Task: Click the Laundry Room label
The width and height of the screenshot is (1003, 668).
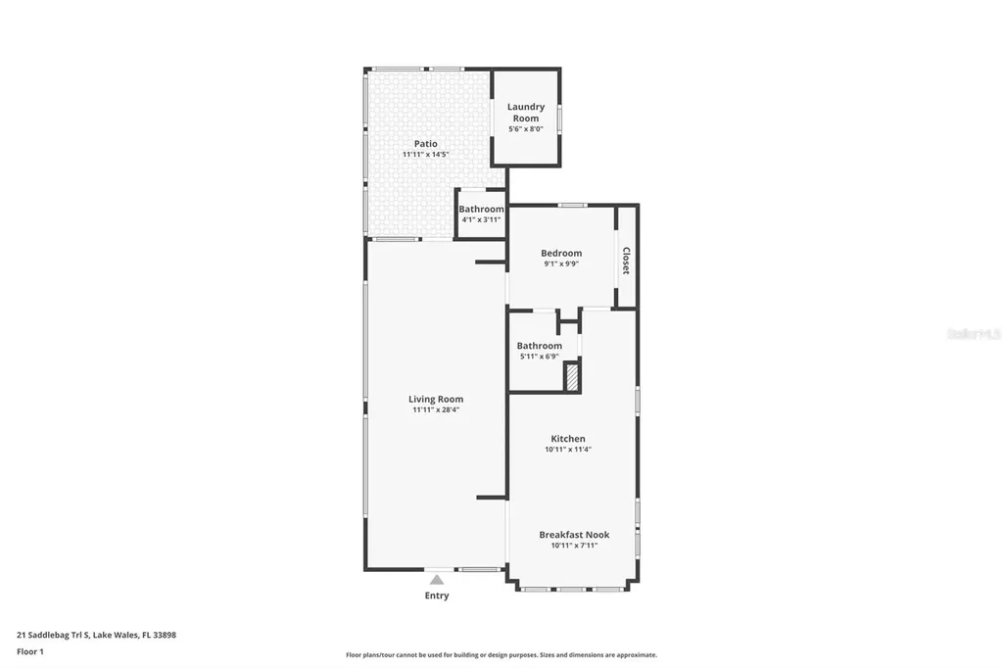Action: (525, 113)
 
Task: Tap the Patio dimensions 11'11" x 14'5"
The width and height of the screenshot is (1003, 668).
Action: (425, 155)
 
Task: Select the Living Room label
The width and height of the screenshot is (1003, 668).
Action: (436, 399)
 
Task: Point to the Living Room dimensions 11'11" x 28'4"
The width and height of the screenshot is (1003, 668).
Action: (436, 410)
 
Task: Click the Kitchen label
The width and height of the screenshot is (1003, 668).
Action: (568, 439)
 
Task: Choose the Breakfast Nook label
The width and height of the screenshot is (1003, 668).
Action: (574, 535)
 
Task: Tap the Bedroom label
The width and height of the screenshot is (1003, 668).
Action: (561, 253)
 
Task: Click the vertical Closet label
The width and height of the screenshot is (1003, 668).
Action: (626, 260)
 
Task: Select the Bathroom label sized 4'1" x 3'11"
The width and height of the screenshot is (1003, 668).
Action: (481, 209)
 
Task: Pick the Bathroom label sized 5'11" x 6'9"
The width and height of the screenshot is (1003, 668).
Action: (540, 346)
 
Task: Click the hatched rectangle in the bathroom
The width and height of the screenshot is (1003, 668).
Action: (572, 376)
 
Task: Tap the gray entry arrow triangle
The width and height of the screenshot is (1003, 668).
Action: (437, 580)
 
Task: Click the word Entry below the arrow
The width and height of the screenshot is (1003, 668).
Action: (437, 596)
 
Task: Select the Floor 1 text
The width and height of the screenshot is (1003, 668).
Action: (31, 650)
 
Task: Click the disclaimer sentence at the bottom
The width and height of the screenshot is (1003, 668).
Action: (501, 655)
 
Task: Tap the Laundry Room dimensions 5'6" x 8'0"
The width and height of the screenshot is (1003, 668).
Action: (525, 129)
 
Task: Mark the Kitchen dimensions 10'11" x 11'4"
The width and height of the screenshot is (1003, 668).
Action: (568, 450)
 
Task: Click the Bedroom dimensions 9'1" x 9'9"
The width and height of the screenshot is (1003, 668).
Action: (561, 263)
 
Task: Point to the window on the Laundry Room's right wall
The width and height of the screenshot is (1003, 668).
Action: (559, 118)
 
